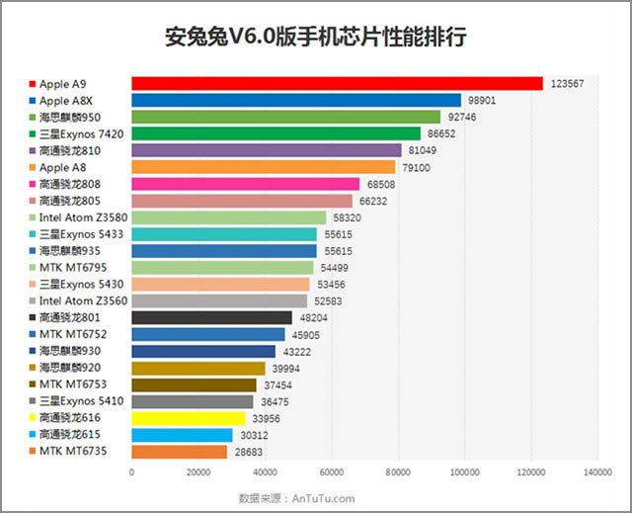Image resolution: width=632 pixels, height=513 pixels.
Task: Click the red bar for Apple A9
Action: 337,84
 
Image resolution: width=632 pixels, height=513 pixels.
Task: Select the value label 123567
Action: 568,84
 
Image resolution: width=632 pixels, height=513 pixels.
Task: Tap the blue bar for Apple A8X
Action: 296,100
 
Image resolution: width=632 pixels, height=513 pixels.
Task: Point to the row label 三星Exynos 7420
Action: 82,133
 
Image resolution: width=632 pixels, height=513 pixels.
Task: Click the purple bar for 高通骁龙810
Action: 266,150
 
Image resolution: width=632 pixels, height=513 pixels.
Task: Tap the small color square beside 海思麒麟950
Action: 33,117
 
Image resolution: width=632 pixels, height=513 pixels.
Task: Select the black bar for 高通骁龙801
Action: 211,317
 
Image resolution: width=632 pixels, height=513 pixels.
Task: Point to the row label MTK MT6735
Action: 75,452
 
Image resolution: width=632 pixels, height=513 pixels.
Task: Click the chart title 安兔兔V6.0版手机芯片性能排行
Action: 315,37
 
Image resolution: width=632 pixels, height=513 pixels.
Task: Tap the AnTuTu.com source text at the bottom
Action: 322,498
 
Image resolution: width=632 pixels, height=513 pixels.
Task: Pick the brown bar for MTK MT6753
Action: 194,385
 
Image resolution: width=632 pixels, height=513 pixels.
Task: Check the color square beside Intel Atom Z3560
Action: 33,300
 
